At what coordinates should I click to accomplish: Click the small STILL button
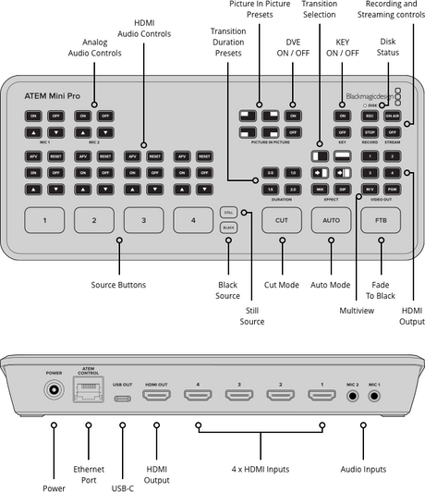click(x=228, y=211)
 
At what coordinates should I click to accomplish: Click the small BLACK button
click(x=228, y=227)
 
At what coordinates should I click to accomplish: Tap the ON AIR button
click(x=392, y=116)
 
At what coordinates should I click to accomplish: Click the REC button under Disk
click(x=369, y=116)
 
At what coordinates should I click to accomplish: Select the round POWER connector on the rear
click(x=54, y=392)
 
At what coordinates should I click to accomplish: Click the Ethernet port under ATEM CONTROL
click(x=89, y=392)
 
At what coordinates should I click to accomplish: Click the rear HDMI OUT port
click(x=156, y=396)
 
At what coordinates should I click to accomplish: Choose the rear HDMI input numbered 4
click(x=197, y=396)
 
